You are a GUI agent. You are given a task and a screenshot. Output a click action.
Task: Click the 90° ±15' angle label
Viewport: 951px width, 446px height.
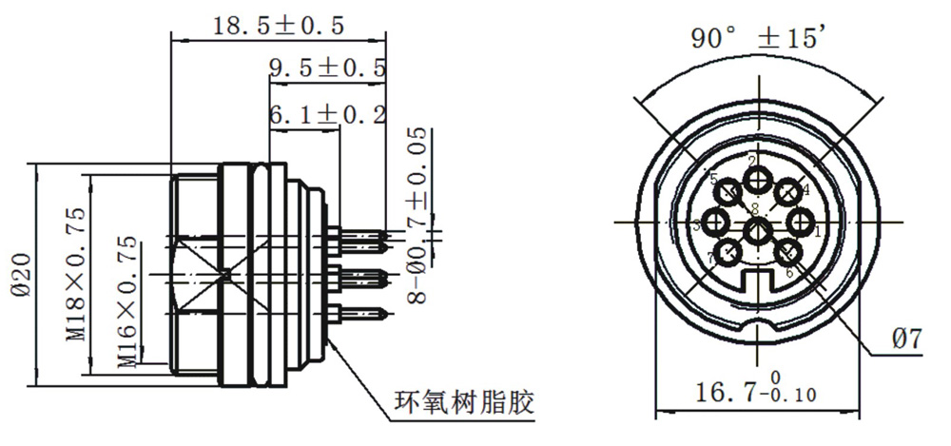click(x=758, y=38)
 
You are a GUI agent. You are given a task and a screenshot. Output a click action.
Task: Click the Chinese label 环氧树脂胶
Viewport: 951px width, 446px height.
click(x=463, y=402)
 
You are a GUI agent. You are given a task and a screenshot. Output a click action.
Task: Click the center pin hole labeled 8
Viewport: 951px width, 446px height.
click(x=758, y=231)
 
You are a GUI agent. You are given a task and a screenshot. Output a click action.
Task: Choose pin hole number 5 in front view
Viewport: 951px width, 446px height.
click(x=729, y=192)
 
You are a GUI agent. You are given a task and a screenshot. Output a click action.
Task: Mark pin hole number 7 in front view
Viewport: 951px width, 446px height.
click(x=728, y=253)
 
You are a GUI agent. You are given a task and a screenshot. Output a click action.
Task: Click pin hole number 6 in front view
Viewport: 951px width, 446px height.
click(x=788, y=253)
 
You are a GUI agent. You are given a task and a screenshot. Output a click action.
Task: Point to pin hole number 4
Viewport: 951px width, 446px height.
click(x=787, y=192)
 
